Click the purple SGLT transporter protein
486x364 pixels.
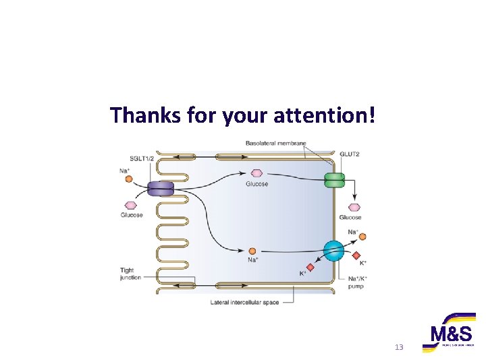(x=161, y=189)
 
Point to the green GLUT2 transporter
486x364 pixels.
(x=334, y=180)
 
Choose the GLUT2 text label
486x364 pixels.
(x=349, y=154)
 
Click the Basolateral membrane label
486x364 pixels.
(x=275, y=143)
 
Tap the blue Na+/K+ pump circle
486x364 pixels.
(x=333, y=251)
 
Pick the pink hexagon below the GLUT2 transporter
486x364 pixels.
(x=354, y=208)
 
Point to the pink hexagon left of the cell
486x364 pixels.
(x=131, y=206)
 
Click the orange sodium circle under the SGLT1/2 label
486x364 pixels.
(x=128, y=180)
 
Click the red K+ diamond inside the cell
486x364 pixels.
(x=310, y=267)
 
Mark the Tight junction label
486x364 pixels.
(x=130, y=274)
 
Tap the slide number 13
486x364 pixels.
(x=398, y=346)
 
